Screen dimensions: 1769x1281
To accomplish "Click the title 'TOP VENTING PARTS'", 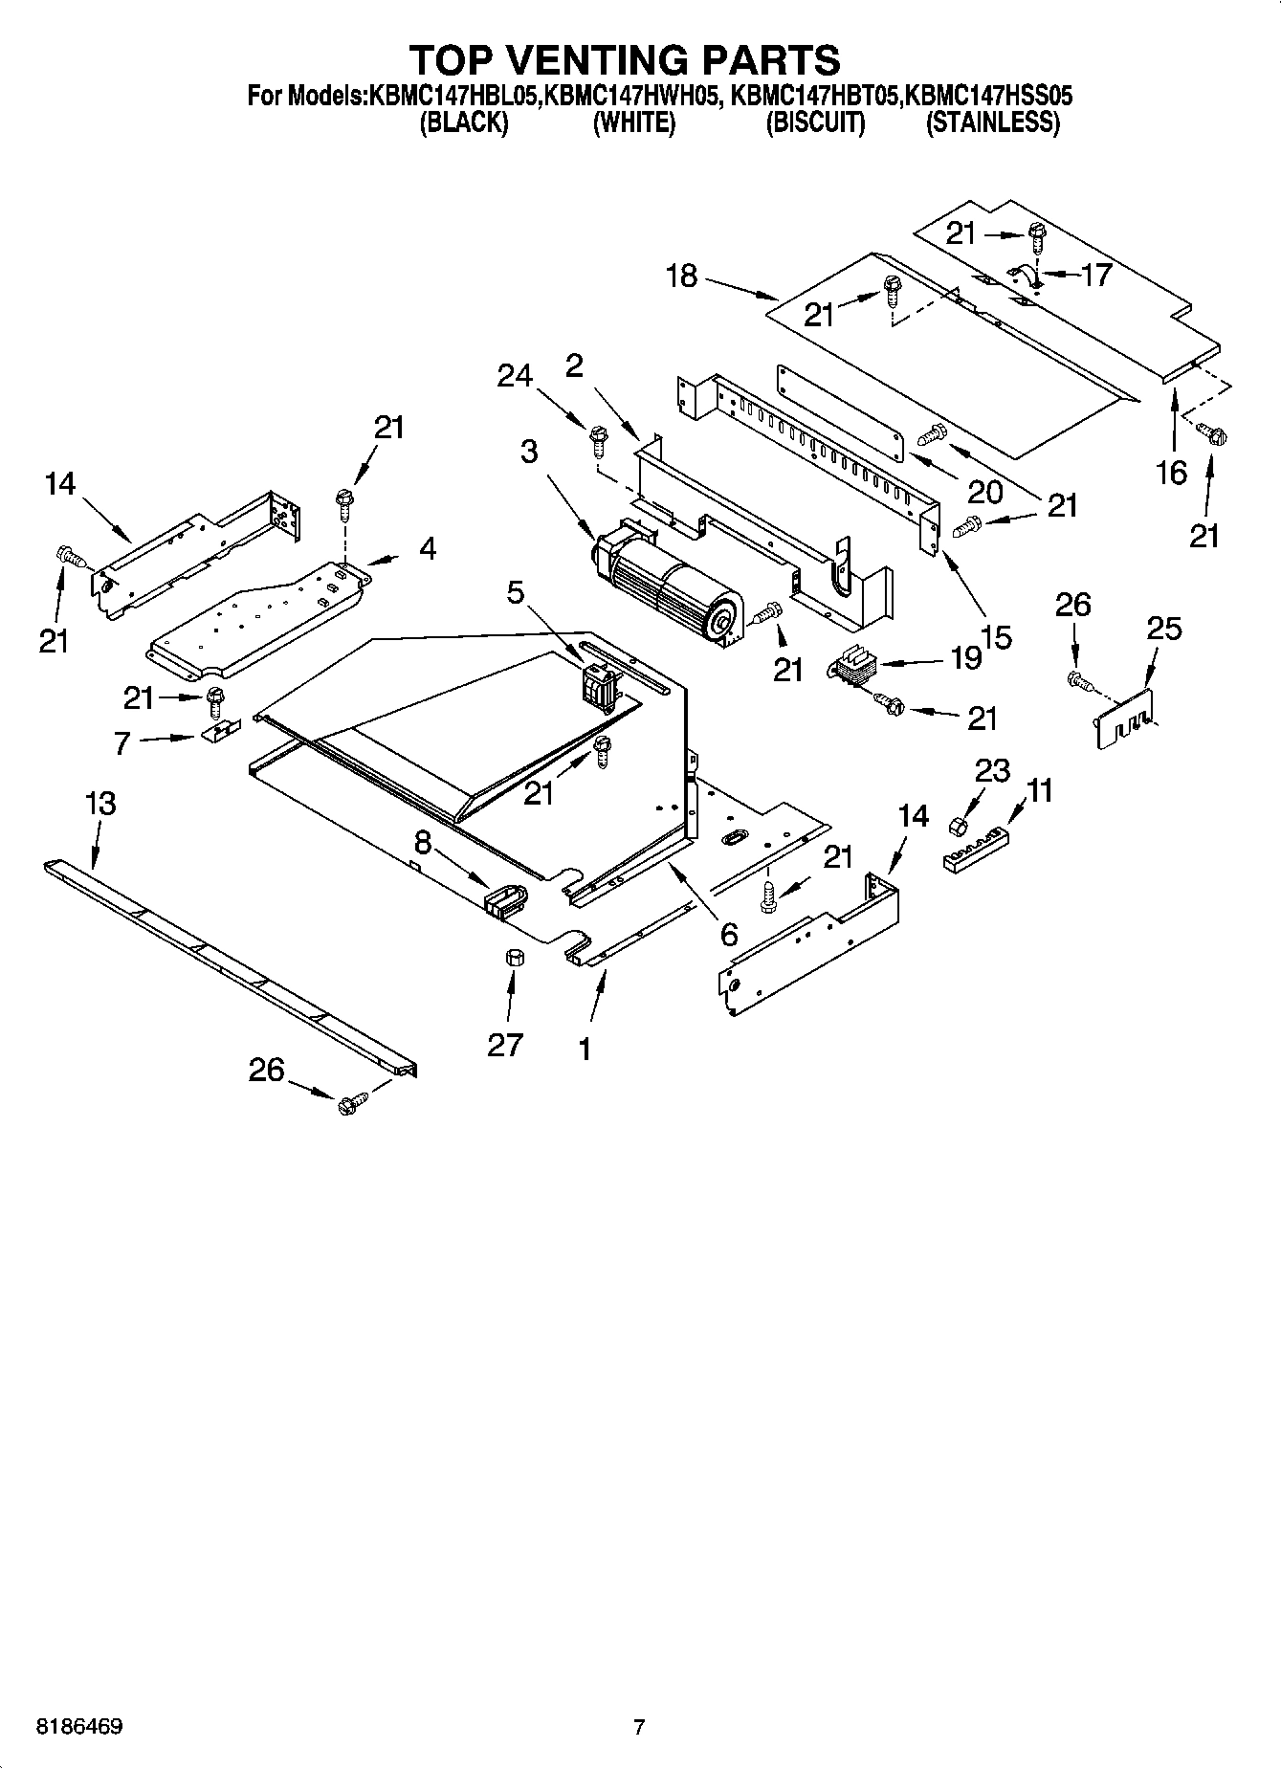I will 625,60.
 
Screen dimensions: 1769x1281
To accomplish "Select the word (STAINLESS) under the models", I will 992,122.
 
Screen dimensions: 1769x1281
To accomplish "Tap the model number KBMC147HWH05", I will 631,96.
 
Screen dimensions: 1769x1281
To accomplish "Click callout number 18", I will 681,277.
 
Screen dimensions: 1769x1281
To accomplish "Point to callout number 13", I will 100,804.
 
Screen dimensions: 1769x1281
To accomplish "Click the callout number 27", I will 505,1043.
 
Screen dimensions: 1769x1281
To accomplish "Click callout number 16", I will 1171,472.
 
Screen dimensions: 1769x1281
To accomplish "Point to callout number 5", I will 516,593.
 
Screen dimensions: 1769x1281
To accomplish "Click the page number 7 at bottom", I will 639,1727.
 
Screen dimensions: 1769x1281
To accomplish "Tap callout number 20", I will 985,491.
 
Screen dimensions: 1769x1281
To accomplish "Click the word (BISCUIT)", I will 815,122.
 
